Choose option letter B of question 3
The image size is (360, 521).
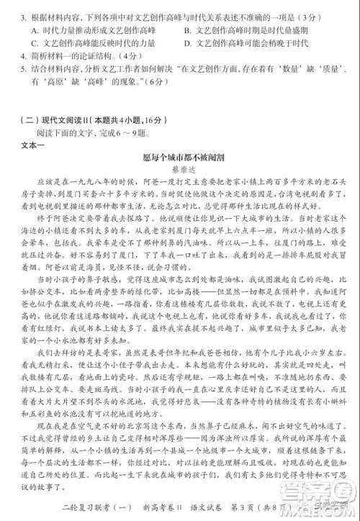coord(187,30)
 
